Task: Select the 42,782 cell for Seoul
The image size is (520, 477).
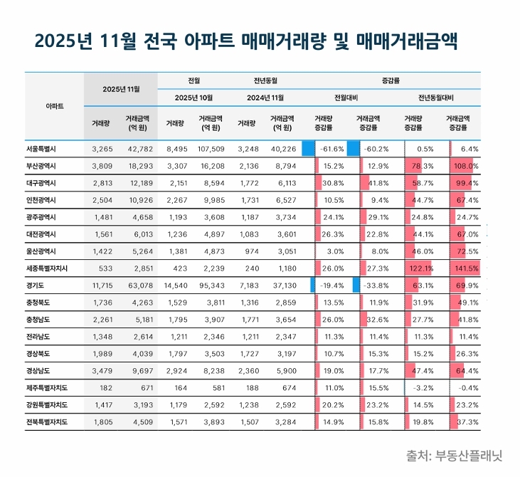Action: (140, 148)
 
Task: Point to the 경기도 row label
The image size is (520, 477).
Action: (36, 285)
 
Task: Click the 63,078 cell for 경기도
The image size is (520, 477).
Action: (140, 285)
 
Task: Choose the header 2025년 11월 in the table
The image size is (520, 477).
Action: (120, 89)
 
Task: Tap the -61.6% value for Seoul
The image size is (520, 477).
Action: (331, 148)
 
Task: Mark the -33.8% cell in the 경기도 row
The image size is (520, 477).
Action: (375, 285)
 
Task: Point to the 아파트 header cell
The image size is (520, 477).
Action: (54, 105)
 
